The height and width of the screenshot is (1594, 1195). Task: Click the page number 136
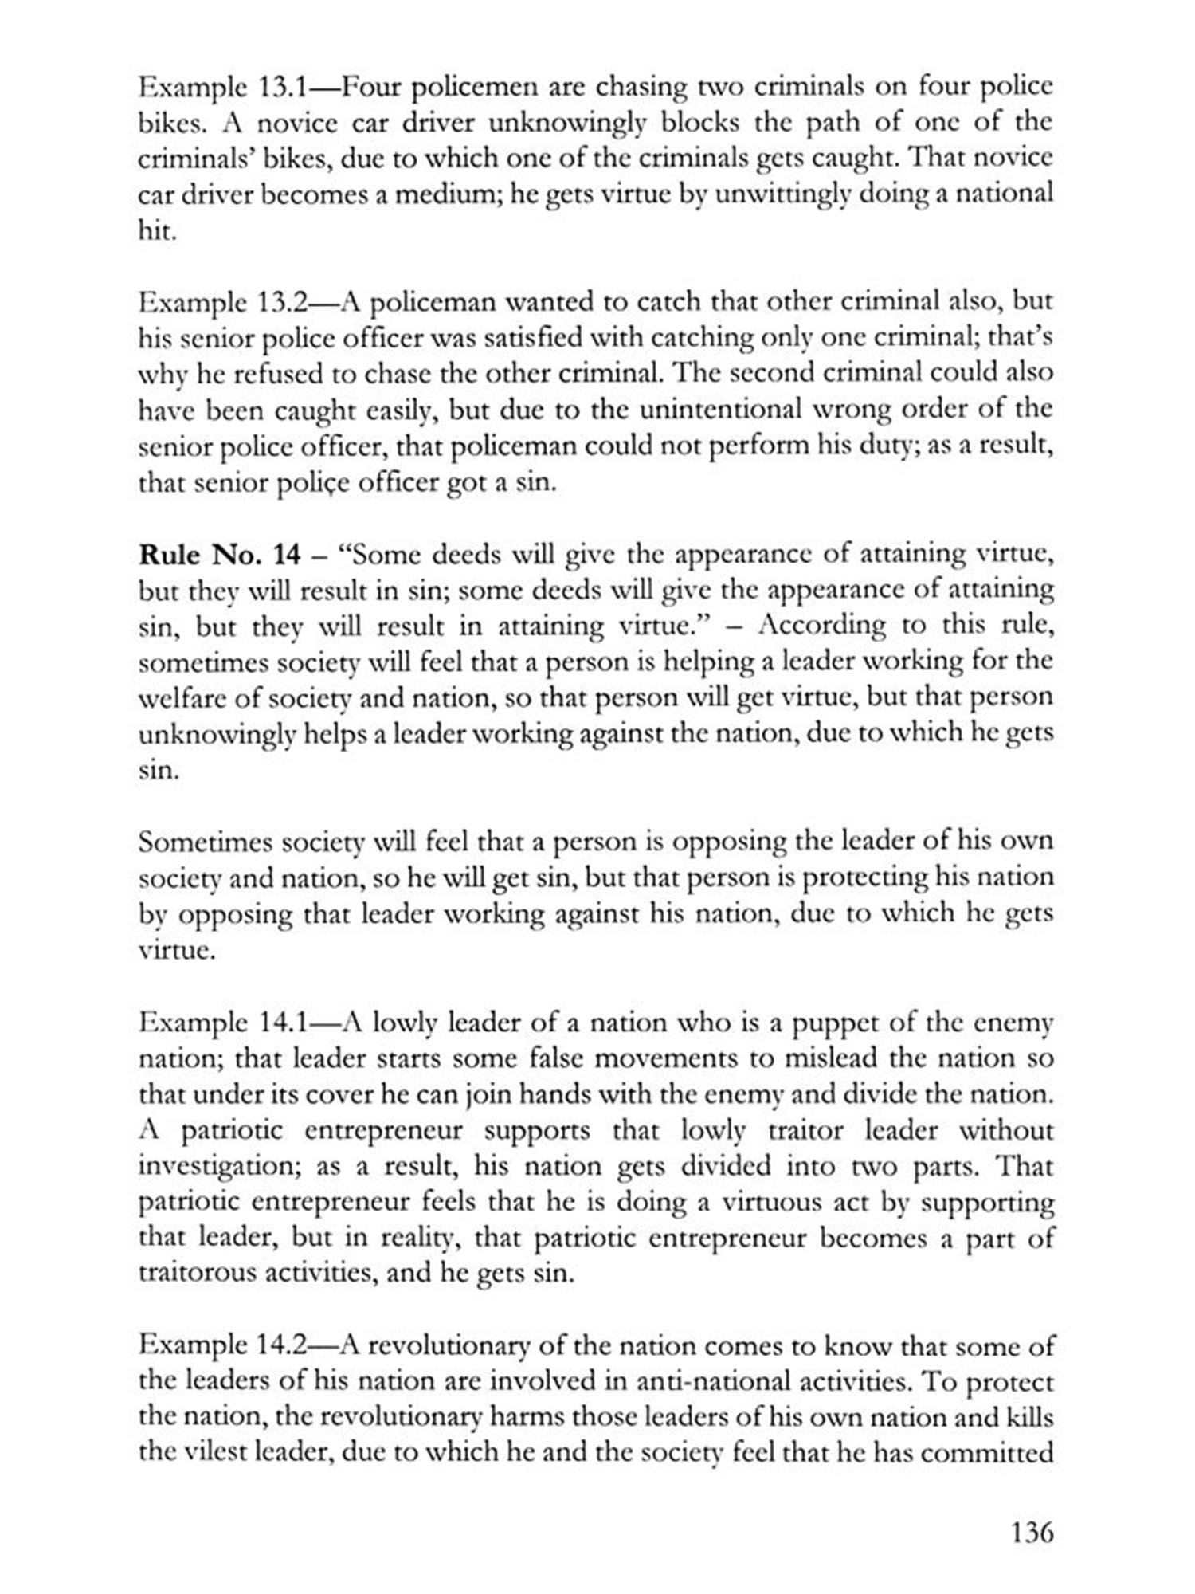1032,1532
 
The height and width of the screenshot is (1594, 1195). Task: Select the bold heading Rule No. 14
219,554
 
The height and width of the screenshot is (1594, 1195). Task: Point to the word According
822,626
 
